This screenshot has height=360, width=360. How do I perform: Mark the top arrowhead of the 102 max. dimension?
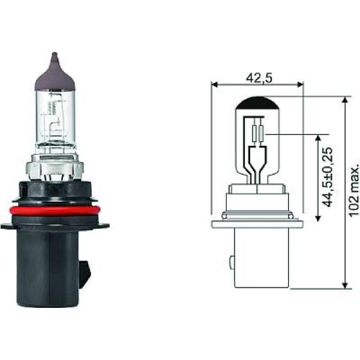344,100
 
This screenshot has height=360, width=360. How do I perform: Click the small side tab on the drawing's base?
230,262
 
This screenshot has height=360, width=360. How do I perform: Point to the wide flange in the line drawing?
257,223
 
